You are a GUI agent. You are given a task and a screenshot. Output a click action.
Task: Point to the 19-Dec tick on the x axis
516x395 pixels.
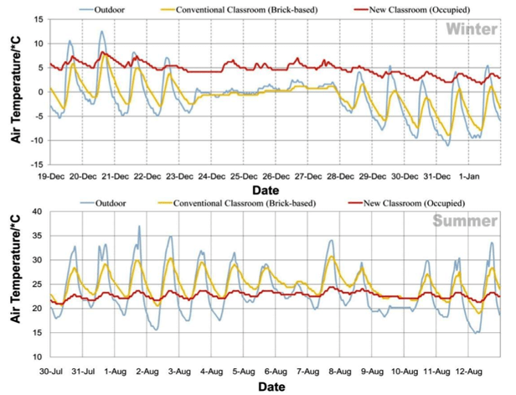coord(53,177)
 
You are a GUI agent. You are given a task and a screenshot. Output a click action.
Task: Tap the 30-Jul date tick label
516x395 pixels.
coord(52,370)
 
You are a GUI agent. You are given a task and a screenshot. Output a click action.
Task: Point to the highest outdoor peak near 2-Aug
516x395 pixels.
coord(139,226)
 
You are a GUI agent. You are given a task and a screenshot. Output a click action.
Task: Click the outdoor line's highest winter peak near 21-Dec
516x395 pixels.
coord(102,32)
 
